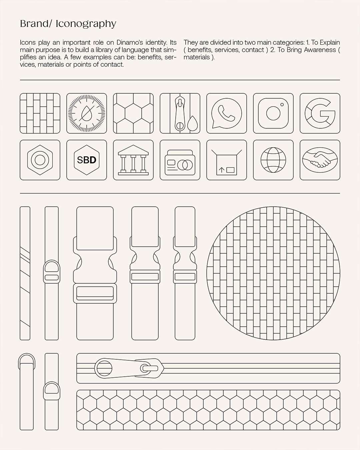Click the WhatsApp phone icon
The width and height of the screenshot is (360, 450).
227,113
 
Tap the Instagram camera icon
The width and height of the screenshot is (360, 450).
273,113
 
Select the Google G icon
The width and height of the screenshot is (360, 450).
320,113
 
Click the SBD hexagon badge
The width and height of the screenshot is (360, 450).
87,160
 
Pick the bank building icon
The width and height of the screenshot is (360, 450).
133,160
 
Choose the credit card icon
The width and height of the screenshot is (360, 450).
180,160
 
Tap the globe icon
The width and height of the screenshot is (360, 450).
273,160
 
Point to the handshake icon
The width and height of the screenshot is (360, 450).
320,160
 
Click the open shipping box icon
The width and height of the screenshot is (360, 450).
227,160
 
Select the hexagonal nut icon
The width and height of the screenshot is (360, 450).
40,160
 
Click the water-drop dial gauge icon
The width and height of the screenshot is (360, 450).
87,113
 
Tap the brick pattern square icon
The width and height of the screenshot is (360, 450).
40,113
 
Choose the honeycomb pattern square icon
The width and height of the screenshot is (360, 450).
133,113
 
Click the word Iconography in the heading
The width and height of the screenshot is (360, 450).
86,24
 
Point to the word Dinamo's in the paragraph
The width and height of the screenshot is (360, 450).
129,42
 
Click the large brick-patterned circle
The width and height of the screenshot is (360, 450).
273,273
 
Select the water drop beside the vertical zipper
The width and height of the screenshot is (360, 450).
192,124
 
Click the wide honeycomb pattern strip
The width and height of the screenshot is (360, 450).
208,414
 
